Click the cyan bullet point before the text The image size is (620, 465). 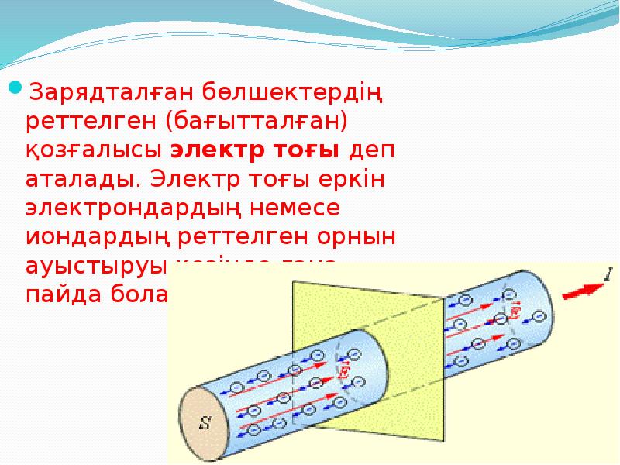pos(15,87)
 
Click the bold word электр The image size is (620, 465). pos(216,150)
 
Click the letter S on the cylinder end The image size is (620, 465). pos(205,423)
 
